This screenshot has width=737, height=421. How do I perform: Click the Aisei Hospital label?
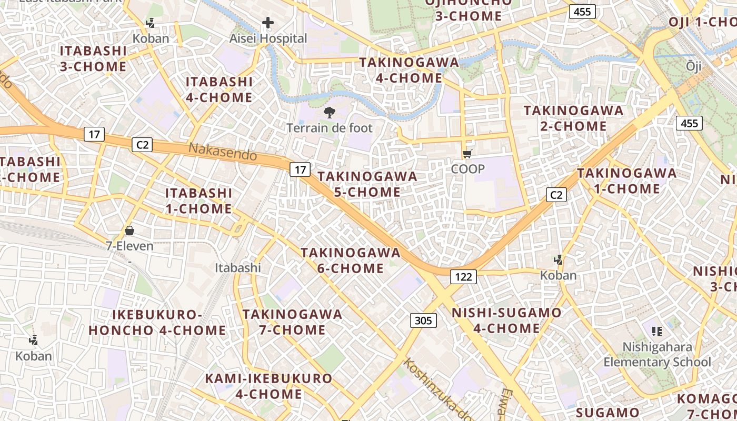(268, 38)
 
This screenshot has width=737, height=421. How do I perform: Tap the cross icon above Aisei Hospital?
(268, 23)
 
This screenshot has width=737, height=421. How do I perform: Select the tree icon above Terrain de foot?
(330, 112)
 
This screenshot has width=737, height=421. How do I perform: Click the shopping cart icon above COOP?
(467, 154)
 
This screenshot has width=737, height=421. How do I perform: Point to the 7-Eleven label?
(130, 246)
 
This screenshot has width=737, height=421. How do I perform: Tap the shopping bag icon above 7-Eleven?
(130, 230)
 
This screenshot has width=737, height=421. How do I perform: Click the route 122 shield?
(463, 277)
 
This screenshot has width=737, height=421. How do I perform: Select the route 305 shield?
(423, 320)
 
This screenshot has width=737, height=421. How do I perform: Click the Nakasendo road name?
(223, 152)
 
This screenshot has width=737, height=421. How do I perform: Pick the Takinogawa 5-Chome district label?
(367, 184)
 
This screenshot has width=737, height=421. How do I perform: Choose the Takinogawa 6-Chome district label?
(351, 260)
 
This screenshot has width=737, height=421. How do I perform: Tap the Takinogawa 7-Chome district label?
(292, 322)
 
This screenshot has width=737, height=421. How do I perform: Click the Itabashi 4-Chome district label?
(219, 89)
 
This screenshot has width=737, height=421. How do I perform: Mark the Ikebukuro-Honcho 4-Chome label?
(157, 323)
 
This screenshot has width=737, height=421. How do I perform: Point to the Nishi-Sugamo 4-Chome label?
(507, 320)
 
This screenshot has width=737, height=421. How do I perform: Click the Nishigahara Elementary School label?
(657, 354)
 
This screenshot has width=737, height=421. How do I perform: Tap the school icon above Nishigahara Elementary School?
(656, 331)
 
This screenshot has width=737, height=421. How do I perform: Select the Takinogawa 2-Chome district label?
(573, 118)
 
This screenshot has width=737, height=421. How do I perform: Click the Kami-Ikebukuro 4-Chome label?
(268, 386)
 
